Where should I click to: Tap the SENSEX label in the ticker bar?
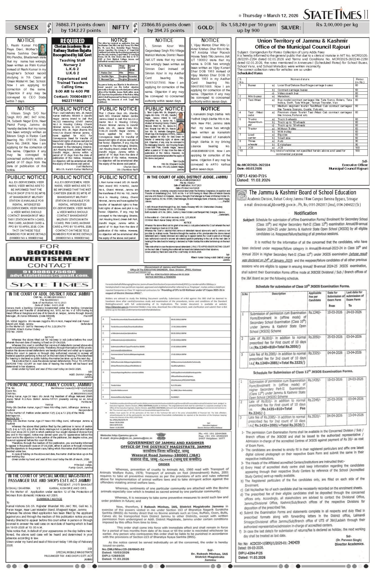26,27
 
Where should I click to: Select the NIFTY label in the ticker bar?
121,27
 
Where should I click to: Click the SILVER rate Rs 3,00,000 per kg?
337,25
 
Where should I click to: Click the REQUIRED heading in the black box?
72,41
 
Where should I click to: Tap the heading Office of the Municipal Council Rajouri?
302,47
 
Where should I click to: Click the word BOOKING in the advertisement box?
49,253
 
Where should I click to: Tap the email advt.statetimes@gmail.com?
49,276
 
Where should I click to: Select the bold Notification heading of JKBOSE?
305,213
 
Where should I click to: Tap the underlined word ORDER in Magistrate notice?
164,464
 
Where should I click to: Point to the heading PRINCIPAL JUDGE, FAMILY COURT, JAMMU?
49,385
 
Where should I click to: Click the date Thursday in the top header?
252,16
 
